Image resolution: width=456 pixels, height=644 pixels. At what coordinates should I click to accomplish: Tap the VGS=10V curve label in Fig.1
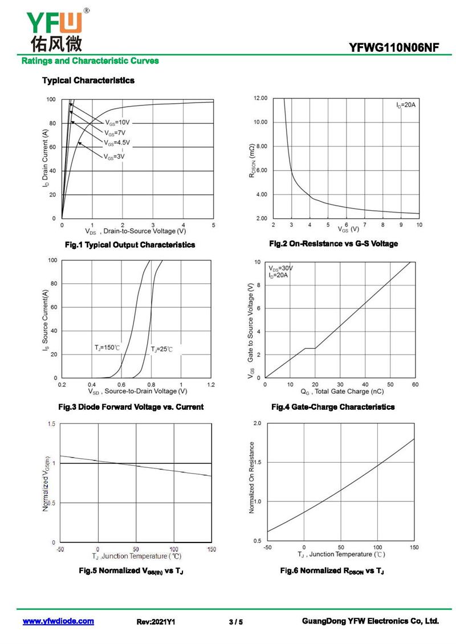point(117,123)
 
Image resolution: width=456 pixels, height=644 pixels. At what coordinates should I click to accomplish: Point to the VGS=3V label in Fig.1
point(114,156)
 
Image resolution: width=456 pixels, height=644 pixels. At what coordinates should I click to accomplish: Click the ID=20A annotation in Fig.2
point(406,105)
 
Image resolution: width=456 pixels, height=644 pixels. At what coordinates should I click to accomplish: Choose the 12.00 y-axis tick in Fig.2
point(260,99)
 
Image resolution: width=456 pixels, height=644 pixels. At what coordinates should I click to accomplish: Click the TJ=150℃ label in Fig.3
point(107,347)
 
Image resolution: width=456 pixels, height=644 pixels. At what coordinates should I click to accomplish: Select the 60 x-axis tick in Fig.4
point(415,384)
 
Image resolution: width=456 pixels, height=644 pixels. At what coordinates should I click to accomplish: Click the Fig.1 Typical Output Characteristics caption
point(130,245)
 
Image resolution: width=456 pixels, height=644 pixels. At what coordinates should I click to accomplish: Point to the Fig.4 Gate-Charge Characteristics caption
point(333,407)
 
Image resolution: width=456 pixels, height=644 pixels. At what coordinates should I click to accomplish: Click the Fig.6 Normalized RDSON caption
point(332,570)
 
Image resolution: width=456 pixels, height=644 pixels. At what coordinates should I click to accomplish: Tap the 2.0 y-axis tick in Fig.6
point(256,424)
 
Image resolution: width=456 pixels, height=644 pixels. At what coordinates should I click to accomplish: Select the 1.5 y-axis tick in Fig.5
point(52,424)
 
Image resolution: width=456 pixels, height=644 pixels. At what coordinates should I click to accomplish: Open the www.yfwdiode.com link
point(58,621)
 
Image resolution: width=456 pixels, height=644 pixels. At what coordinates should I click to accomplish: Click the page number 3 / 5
point(235,622)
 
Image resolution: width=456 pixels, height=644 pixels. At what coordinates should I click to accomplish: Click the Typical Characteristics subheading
point(88,80)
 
